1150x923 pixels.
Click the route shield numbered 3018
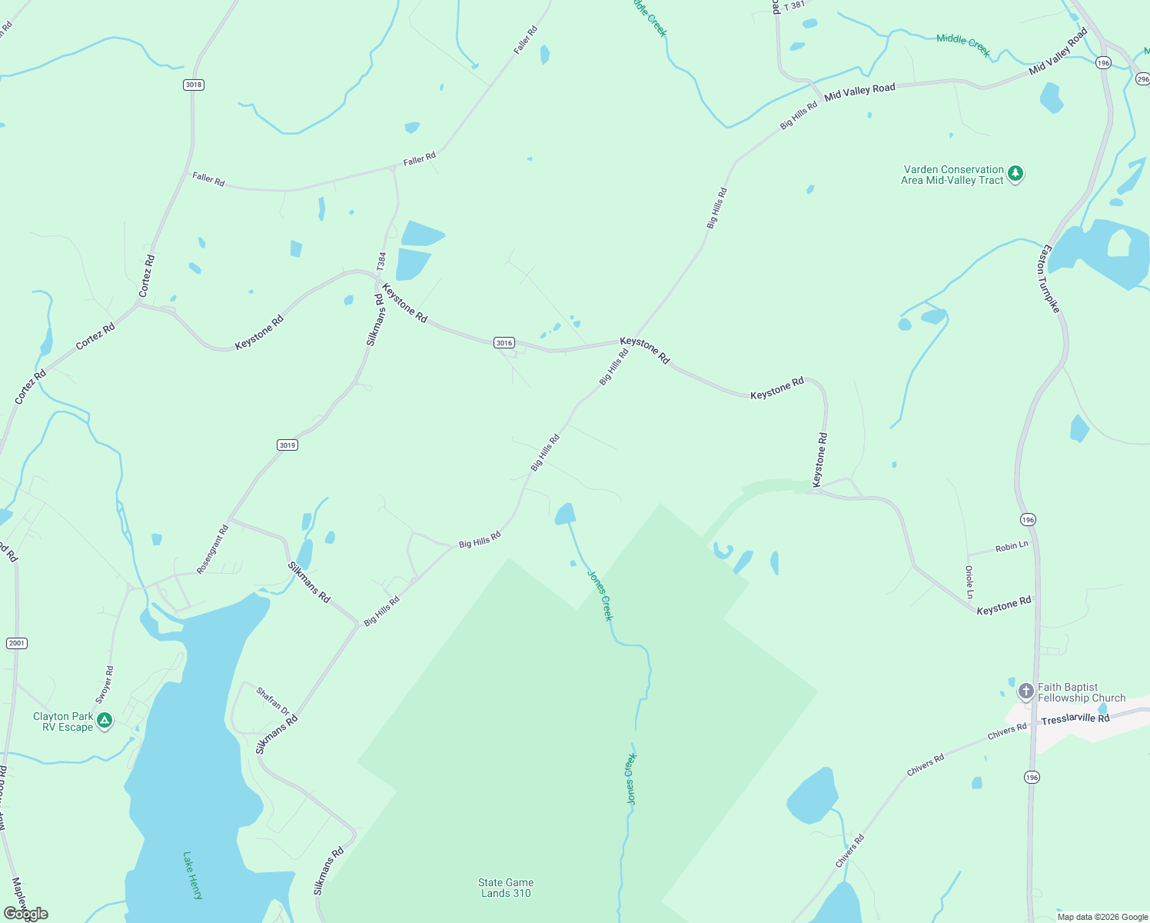194,85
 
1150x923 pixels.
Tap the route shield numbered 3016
504,343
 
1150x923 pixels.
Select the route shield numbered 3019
287,445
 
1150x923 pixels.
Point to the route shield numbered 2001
16,643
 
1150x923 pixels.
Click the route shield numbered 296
1142,79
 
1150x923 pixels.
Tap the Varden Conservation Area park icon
1015,174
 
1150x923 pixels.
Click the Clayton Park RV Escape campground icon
105,721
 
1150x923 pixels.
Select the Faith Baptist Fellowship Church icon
1025,691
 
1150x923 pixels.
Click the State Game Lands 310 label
506,888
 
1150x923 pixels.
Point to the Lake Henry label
193,875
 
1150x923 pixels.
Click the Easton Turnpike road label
1050,278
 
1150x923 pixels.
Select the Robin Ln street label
1012,547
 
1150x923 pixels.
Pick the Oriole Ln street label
969,582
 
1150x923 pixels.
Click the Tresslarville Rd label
1075,718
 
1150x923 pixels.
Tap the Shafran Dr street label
272,701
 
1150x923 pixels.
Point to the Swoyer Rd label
105,685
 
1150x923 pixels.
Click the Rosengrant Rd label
213,549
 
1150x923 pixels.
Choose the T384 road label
382,261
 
